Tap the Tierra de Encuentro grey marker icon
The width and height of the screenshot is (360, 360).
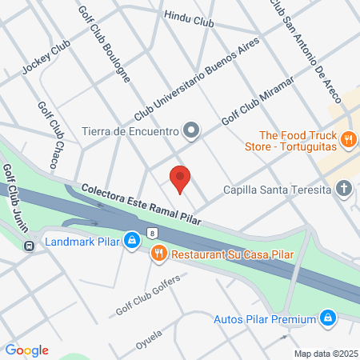pyautogui.click(x=191, y=130)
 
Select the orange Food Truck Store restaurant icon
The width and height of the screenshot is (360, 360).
pyautogui.click(x=348, y=140)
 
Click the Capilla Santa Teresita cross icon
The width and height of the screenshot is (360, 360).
pyautogui.click(x=344, y=189)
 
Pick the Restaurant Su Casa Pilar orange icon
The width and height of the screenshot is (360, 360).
pyautogui.click(x=158, y=254)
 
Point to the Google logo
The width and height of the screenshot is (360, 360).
pyautogui.click(x=26, y=350)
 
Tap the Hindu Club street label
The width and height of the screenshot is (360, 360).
pyautogui.click(x=189, y=18)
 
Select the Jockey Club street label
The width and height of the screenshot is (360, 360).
pyautogui.click(x=46, y=58)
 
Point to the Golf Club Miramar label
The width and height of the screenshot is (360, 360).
pyautogui.click(x=258, y=101)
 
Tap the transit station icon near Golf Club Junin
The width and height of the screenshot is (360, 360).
pyautogui.click(x=28, y=246)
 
